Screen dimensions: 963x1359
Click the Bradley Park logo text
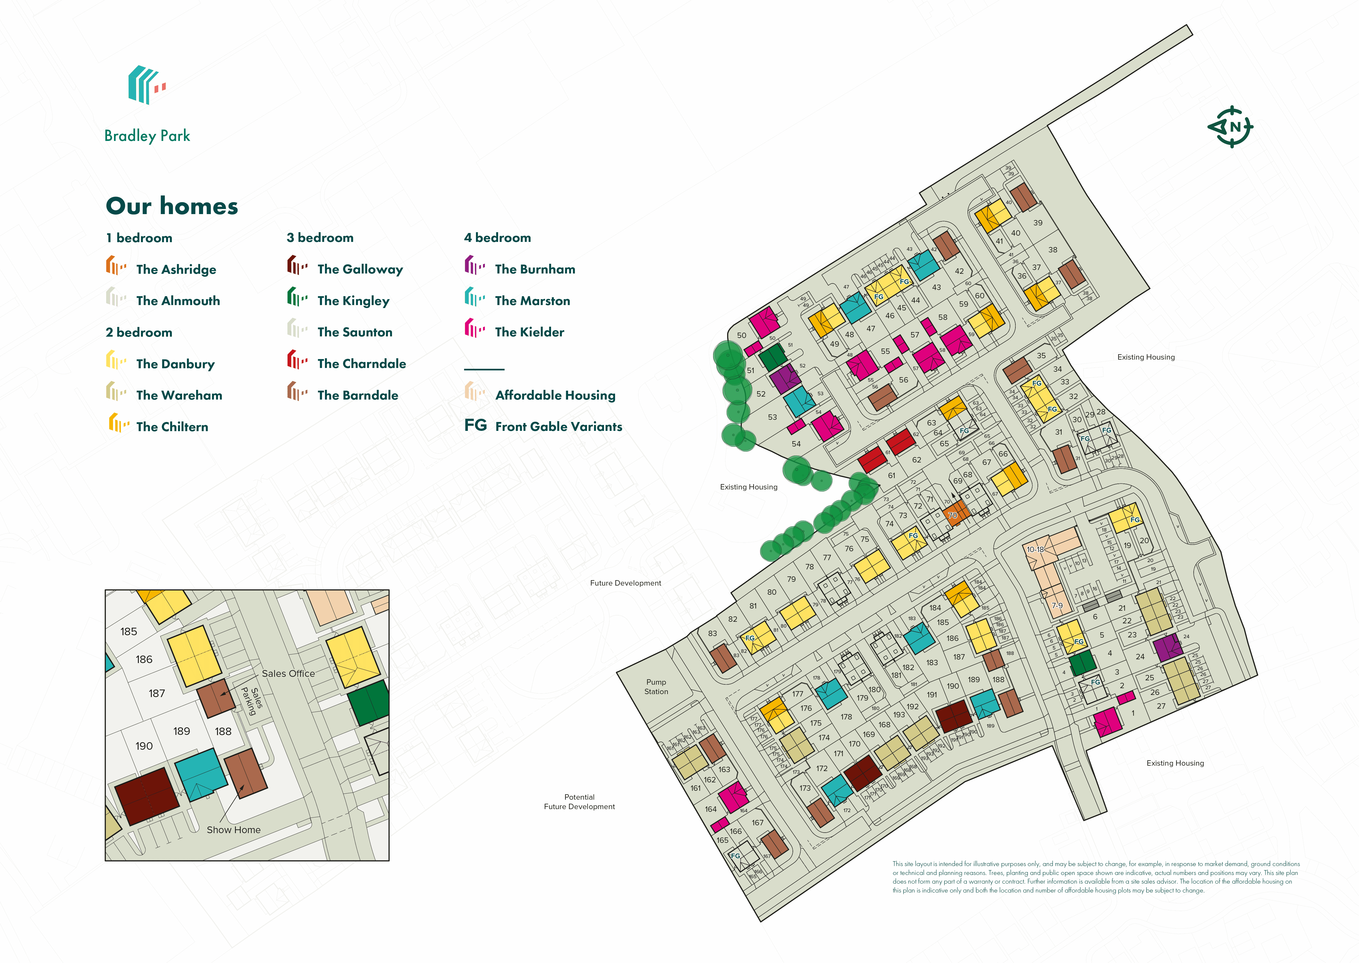147,136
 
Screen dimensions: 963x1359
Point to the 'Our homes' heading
172,206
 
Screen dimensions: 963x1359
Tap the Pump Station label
656,687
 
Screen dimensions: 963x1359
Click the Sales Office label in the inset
288,674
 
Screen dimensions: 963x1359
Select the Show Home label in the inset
234,830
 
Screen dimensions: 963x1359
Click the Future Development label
625,583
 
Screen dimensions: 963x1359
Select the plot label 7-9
1057,606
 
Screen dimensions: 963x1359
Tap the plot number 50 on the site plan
741,335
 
